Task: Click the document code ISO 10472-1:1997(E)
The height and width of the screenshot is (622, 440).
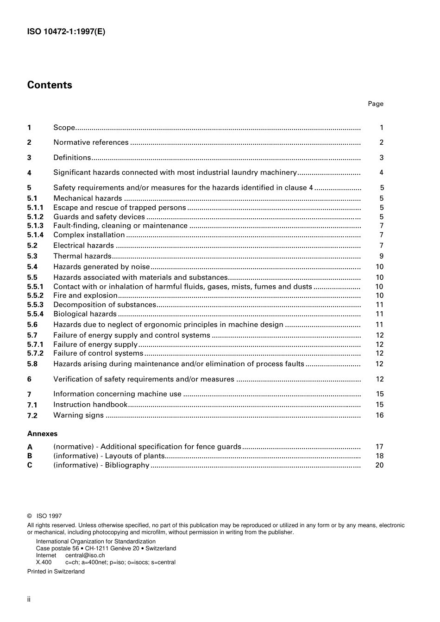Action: (66, 32)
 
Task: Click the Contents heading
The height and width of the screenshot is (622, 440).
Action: (50, 85)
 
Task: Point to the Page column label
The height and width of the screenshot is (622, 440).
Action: (375, 104)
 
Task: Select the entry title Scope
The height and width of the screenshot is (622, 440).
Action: (64, 128)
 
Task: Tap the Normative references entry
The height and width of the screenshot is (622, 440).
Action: (91, 142)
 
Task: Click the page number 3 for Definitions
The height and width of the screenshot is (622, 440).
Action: (381, 158)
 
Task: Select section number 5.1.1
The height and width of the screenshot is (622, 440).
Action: (35, 208)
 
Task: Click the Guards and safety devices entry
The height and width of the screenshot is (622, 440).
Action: (99, 217)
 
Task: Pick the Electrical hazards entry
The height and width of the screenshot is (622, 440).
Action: (83, 246)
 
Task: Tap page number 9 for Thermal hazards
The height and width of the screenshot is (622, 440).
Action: (381, 256)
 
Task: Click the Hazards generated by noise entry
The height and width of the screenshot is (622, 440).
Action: (101, 267)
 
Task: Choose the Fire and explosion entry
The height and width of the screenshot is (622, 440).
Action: (85, 296)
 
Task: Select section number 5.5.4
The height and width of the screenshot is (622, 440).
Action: (35, 314)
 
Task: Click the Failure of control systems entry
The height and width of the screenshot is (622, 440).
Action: (98, 353)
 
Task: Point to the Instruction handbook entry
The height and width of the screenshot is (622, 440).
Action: (90, 405)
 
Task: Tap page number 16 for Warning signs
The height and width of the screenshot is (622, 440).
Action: (379, 415)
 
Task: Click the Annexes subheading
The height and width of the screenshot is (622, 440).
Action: (42, 434)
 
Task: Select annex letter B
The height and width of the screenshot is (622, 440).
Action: (30, 456)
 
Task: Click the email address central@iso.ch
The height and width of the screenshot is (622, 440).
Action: (85, 555)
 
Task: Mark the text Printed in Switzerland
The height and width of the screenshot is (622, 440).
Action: (56, 572)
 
